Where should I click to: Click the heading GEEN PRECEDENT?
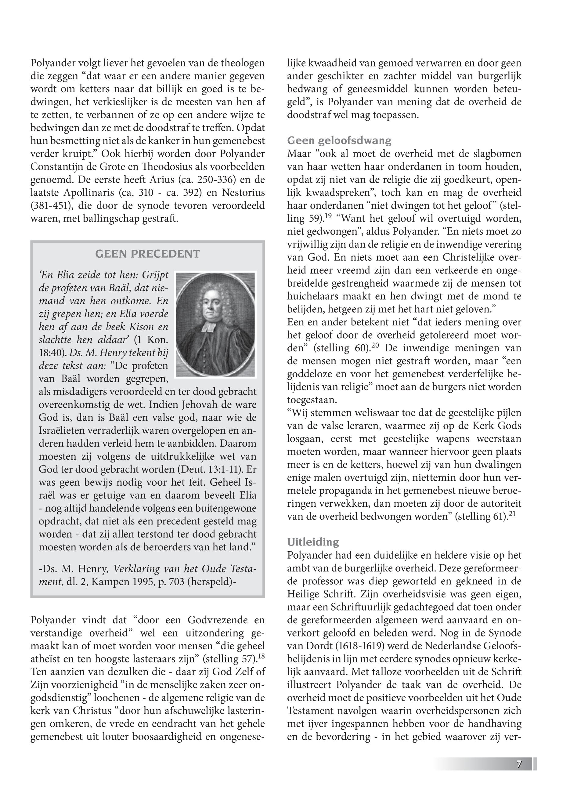pos(147,254)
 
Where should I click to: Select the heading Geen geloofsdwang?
pos(339,140)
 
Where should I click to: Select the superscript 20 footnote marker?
pos(375,346)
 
